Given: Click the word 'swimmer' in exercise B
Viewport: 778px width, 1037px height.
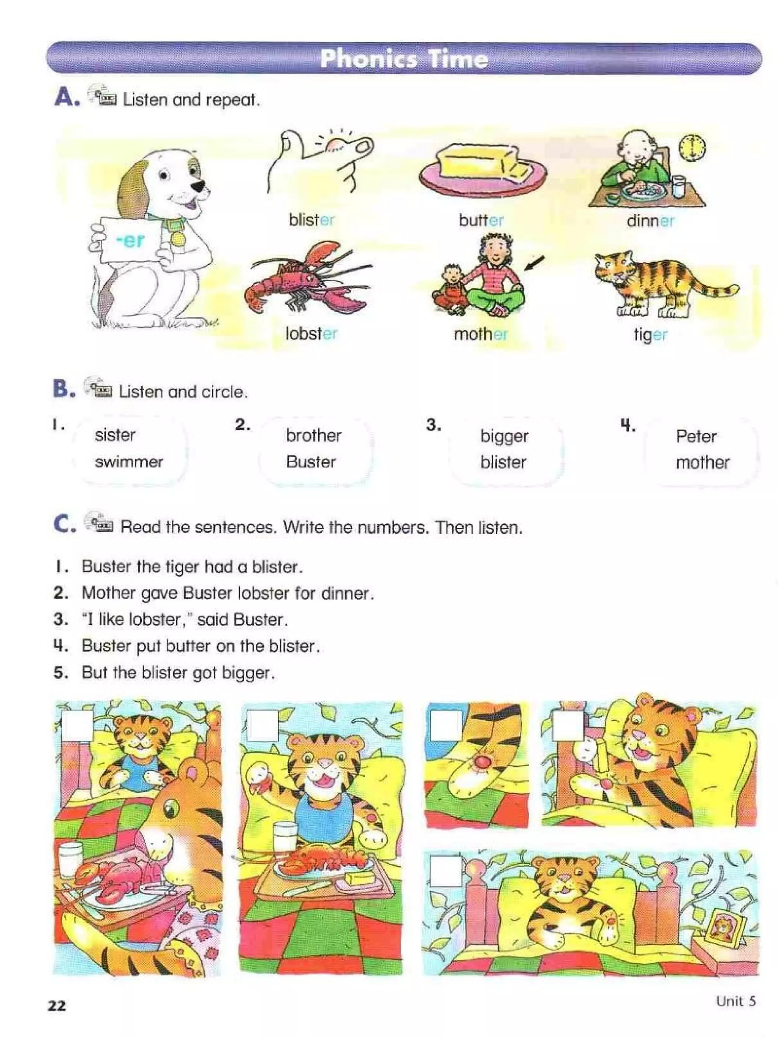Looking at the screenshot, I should [129, 462].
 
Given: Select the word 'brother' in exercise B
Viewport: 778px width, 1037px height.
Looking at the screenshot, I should [313, 436].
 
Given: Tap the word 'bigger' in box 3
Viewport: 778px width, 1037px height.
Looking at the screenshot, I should [504, 436].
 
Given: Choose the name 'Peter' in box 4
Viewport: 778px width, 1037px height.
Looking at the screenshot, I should [696, 436].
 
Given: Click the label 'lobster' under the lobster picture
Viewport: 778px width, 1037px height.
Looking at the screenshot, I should [311, 333].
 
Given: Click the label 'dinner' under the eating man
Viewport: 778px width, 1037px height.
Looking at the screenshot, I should [650, 220].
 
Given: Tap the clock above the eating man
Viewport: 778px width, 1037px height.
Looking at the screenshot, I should [692, 148].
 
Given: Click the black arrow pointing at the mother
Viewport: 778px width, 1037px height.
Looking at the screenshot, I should [534, 264].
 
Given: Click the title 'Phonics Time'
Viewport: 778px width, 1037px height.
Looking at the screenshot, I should [403, 59].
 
